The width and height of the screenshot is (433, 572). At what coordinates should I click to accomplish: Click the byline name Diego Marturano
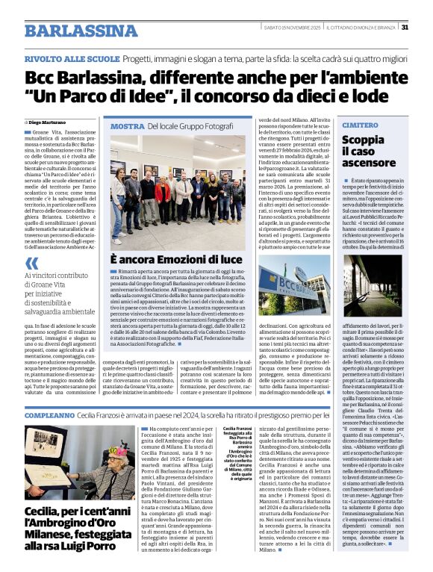click(49, 122)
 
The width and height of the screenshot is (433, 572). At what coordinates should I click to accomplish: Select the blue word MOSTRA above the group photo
click(127, 127)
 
